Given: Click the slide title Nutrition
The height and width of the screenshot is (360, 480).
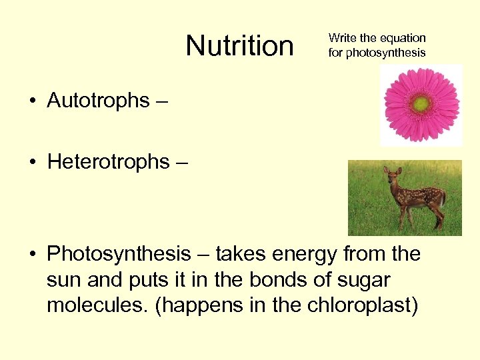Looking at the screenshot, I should (239, 46).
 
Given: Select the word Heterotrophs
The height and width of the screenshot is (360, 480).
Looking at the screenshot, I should (109, 162).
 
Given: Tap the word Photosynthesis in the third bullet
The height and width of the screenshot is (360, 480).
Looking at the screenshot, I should (119, 254).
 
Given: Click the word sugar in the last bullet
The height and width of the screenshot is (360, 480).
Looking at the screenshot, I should (365, 279).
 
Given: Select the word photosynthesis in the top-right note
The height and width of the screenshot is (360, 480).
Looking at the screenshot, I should (385, 52).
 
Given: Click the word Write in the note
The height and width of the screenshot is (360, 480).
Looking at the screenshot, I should (342, 38).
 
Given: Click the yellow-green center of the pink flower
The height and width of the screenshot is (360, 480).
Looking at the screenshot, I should (421, 104).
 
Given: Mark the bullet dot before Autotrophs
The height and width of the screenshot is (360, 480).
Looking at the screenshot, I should (32, 101).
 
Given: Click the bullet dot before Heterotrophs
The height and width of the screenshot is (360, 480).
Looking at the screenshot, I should (32, 163).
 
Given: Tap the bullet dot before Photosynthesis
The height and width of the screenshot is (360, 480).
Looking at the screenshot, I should (32, 255).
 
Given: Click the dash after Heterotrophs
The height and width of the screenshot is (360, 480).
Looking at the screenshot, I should (182, 163).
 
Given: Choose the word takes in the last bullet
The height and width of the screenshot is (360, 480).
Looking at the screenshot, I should (239, 254).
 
